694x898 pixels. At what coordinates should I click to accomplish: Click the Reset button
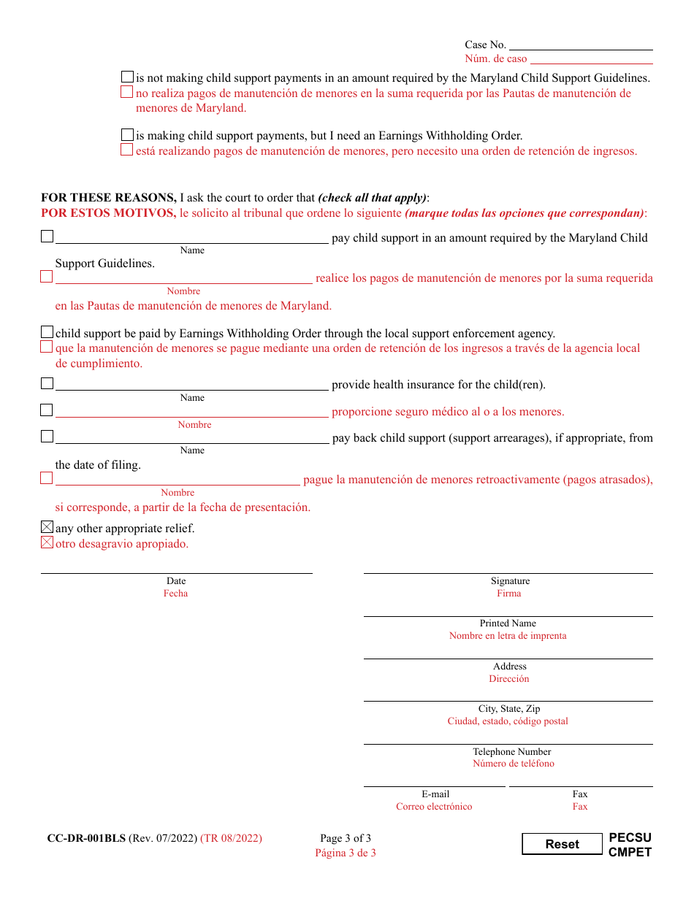click(562, 844)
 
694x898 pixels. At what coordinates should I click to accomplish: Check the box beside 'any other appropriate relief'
click(47, 527)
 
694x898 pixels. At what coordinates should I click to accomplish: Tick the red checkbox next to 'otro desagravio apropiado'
click(47, 542)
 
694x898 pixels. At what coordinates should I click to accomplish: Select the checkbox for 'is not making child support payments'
click(128, 77)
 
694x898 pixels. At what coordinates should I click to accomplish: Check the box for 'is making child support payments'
click(128, 135)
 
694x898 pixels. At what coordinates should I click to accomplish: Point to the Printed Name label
click(508, 623)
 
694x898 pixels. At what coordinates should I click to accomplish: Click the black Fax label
click(580, 794)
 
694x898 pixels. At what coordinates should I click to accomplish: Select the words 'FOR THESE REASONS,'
click(108, 198)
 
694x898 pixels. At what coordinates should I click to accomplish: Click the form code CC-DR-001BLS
click(86, 838)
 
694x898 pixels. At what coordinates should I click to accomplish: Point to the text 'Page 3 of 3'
click(346, 838)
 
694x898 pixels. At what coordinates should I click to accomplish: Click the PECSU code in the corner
click(630, 837)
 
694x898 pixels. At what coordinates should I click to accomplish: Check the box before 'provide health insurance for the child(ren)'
click(47, 383)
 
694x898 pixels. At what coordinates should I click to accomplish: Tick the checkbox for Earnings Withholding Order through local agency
click(47, 332)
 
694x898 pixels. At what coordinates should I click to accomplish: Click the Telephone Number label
click(511, 752)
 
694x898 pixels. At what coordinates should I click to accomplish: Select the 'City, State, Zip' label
click(509, 709)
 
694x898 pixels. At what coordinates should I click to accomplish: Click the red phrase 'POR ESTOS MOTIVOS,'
click(108, 213)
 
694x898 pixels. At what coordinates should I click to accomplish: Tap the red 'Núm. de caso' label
click(495, 59)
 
